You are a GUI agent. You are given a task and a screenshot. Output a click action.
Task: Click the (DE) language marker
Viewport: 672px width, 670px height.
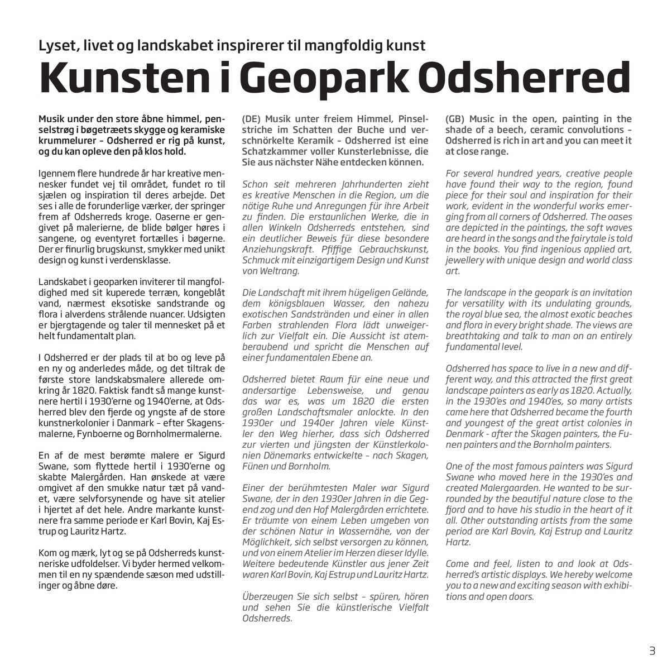252,119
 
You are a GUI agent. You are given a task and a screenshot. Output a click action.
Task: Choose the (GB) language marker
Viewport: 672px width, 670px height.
455,119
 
